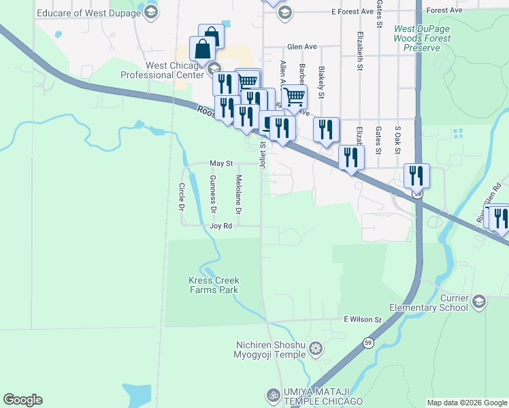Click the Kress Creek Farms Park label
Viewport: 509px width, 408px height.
coord(214,285)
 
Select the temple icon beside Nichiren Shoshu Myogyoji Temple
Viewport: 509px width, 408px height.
coord(315,350)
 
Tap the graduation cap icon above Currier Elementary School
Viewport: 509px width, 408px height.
coord(479,300)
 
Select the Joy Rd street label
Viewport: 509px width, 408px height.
coord(221,226)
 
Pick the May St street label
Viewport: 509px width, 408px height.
coord(221,164)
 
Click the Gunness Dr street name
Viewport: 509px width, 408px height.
coord(213,191)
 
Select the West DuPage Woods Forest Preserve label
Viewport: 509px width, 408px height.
coord(422,39)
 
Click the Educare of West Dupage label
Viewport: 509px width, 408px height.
coord(75,12)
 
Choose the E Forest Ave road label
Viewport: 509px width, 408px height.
coord(352,12)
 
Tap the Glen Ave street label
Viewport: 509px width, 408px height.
coord(302,47)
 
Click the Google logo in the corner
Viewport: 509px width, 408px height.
coord(22,400)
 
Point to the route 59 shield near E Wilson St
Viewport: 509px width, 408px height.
coord(368,342)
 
